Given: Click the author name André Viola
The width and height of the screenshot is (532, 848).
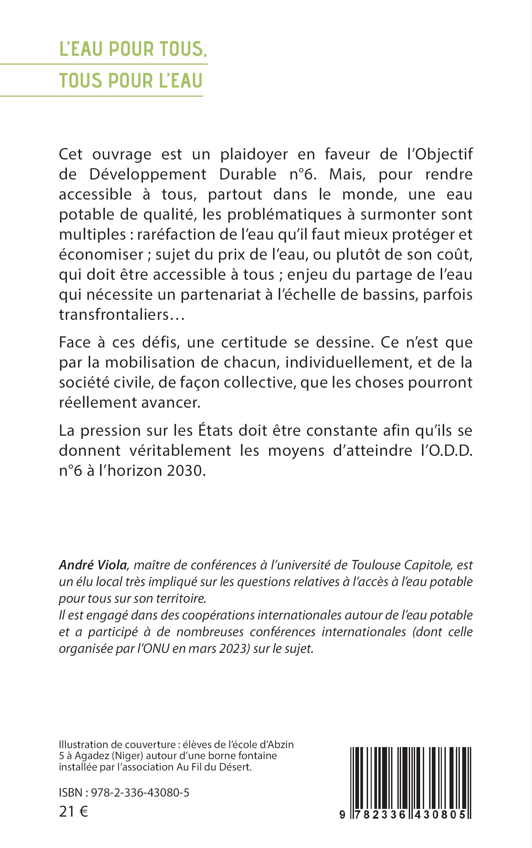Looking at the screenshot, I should click(x=93, y=565).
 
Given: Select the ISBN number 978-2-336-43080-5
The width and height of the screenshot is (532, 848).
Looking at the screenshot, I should click(x=140, y=793).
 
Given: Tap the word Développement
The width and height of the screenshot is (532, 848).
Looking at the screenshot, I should click(x=148, y=175).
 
